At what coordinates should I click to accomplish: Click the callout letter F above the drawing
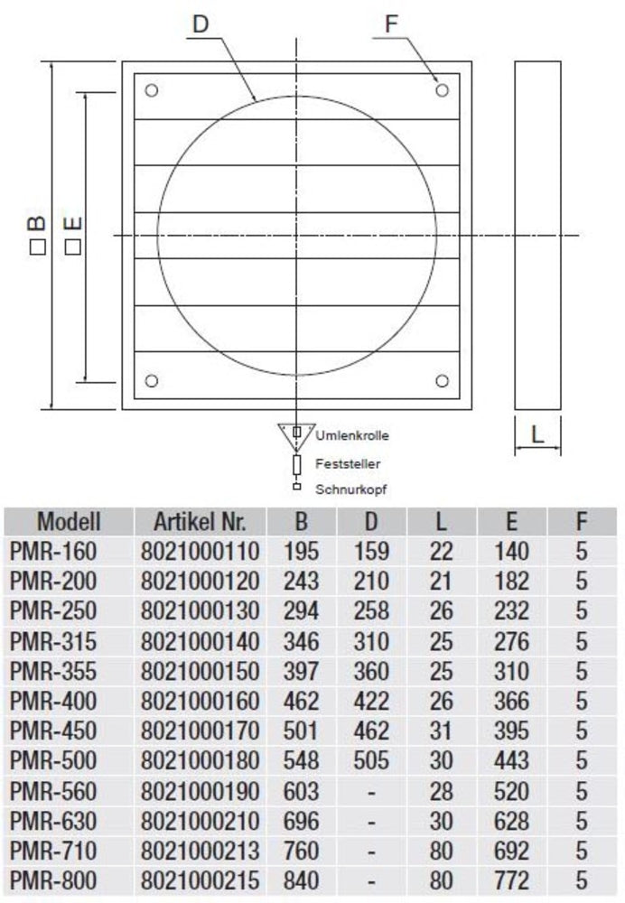392,24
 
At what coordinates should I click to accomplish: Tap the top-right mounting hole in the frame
442,90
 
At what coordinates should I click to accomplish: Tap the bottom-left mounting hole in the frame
152,381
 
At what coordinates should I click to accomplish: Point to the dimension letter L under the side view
538,434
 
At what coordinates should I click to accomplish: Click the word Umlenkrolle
352,435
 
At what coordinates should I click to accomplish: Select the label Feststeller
347,463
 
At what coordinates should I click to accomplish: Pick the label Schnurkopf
347,489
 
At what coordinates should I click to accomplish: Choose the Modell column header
69,521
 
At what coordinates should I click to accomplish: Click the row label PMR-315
52,640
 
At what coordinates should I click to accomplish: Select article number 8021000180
200,760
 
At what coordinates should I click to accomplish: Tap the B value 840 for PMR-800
301,880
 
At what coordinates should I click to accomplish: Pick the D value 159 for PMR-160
371,551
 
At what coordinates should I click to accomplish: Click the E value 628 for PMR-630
511,820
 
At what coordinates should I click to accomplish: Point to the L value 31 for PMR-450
442,731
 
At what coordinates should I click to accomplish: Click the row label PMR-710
52,850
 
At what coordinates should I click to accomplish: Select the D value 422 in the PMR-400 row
371,701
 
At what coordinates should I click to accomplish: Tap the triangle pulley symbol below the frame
295,436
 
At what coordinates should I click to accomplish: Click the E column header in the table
511,521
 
